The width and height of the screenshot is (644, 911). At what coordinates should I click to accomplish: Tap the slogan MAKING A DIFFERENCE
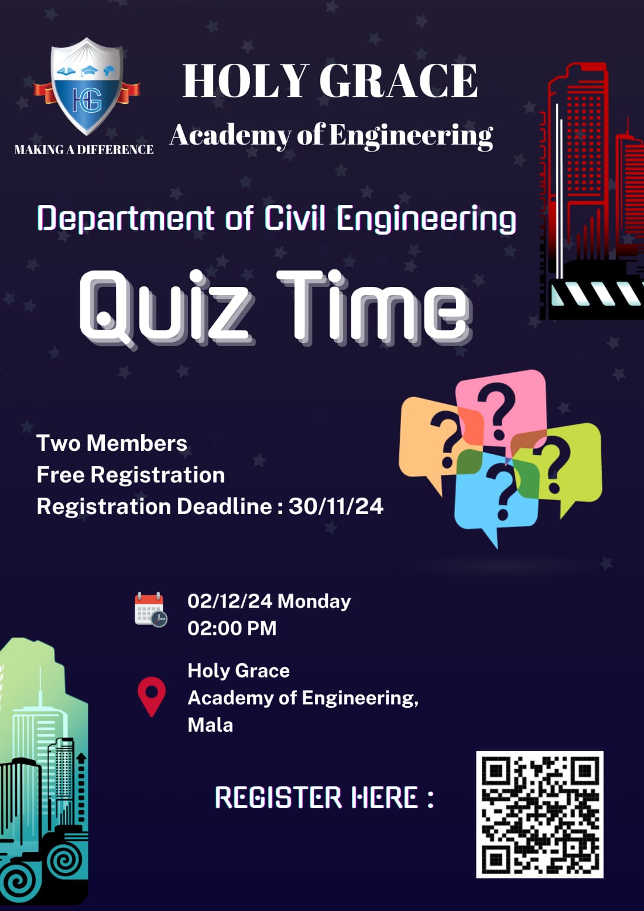[84, 150]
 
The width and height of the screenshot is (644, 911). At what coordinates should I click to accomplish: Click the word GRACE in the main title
[398, 81]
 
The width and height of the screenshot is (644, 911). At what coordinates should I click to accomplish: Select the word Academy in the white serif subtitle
[231, 136]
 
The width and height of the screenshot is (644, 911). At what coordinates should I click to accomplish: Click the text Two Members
[112, 443]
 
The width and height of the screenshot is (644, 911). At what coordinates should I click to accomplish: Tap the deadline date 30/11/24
[336, 507]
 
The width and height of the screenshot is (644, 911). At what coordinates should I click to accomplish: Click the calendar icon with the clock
[150, 610]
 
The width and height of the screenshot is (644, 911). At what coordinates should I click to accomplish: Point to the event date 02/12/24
[230, 601]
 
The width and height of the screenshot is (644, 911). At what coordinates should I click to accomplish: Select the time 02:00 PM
[232, 629]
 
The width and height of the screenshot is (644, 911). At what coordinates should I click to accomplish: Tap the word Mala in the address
[210, 725]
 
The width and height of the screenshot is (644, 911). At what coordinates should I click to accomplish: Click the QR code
[539, 815]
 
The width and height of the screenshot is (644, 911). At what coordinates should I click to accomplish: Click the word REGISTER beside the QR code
[278, 798]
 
